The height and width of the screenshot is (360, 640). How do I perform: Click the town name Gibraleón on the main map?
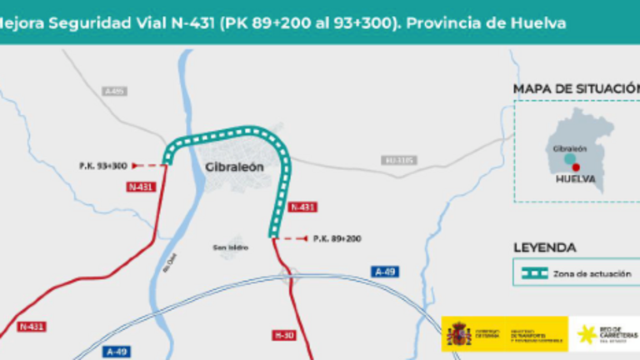234,167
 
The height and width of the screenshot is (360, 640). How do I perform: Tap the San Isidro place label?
230,247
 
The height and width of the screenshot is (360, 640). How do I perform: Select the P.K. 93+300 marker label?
103,166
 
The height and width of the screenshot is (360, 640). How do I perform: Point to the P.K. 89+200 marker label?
337,239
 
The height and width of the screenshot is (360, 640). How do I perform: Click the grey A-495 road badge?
115,91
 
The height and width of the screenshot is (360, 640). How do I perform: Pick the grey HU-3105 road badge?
398,160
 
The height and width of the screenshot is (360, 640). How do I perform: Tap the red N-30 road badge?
285,335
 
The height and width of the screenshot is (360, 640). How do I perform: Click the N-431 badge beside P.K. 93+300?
142,187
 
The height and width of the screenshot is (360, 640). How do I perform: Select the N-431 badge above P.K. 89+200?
302,207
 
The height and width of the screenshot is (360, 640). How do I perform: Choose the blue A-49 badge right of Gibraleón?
383,272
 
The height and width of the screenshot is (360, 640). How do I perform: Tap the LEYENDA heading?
544,247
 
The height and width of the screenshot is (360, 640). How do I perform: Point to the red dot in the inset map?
576,167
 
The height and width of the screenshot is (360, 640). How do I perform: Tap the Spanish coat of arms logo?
459,334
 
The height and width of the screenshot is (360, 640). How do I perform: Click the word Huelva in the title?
539,22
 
